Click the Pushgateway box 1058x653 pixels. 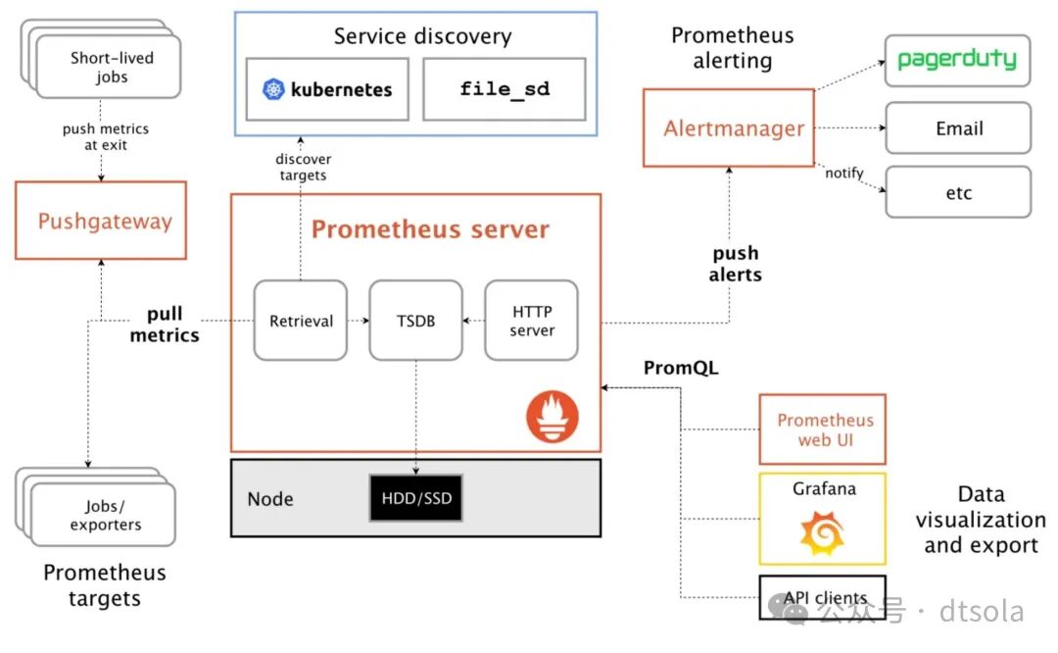point(101,221)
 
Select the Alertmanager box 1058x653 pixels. point(728,127)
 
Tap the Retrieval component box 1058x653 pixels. point(301,321)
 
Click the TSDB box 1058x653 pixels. point(414,321)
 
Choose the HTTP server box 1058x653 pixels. point(531,321)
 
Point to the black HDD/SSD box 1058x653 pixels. point(415,498)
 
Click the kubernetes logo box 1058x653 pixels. point(327,89)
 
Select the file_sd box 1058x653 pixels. point(504,89)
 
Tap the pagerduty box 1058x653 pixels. point(957,60)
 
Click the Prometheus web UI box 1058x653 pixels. point(823,429)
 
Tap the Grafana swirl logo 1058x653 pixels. point(822,531)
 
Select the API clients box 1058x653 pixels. point(823,597)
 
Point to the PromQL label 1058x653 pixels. point(681,369)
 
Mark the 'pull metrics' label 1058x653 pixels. point(165,326)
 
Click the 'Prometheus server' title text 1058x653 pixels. point(430,229)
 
